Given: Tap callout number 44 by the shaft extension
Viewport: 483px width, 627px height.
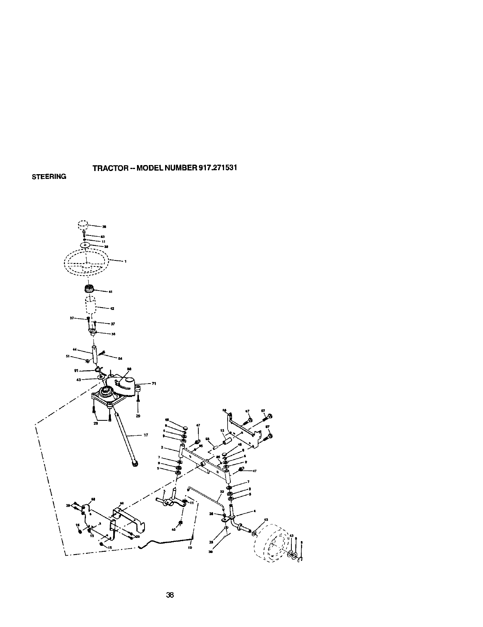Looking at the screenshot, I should [74, 350].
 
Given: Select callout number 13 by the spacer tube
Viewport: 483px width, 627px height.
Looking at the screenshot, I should [222, 431].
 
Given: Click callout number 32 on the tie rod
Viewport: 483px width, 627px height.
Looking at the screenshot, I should [222, 492].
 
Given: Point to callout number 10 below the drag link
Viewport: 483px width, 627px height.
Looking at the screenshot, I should [190, 548].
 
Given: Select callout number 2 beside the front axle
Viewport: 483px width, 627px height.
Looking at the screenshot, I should [162, 447].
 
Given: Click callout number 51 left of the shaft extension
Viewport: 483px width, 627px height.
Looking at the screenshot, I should [68, 356].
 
